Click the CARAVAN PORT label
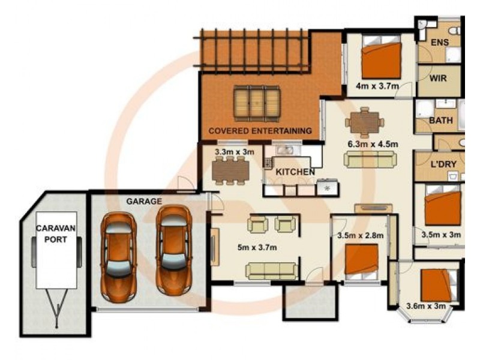click(x=56, y=233)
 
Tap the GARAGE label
click(x=144, y=202)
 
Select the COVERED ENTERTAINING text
click(x=260, y=131)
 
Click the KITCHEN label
click(x=295, y=172)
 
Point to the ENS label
click(x=440, y=42)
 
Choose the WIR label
click(x=438, y=79)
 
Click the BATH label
click(x=441, y=121)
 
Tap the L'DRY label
click(x=443, y=164)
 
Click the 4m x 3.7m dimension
click(x=377, y=86)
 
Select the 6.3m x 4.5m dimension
click(x=373, y=143)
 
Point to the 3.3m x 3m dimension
click(x=235, y=152)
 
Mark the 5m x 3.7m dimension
click(x=257, y=247)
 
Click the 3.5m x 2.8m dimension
click(x=361, y=235)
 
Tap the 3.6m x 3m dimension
click(x=426, y=305)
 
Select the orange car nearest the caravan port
click(x=119, y=257)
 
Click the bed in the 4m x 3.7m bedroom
click(x=381, y=57)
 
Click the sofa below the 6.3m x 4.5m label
click(x=370, y=160)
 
